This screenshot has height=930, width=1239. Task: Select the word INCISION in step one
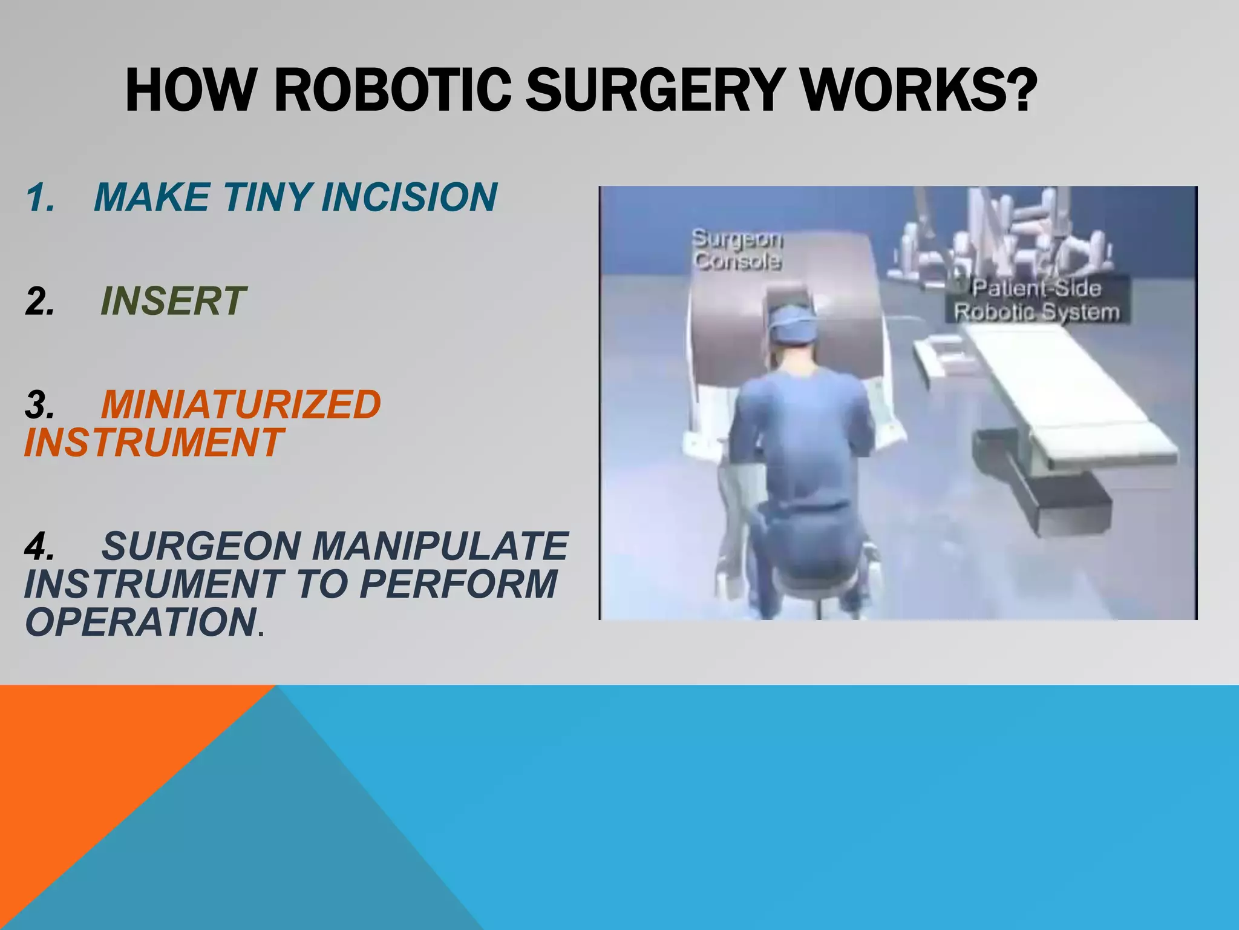409,197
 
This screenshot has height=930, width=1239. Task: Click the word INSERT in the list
172,301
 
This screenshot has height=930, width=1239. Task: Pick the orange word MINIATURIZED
241,404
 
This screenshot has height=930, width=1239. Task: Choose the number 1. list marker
40,198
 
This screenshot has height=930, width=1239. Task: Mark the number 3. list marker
40,405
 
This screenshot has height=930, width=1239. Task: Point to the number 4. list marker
40,546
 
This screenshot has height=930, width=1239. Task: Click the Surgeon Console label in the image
737,249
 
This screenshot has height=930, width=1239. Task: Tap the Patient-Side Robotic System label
1036,300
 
